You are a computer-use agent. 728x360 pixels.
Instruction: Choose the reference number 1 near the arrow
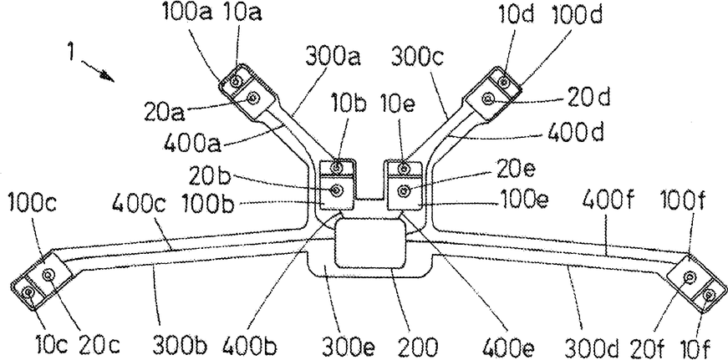pos(75,56)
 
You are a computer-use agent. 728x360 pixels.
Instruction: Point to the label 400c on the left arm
pos(135,203)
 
